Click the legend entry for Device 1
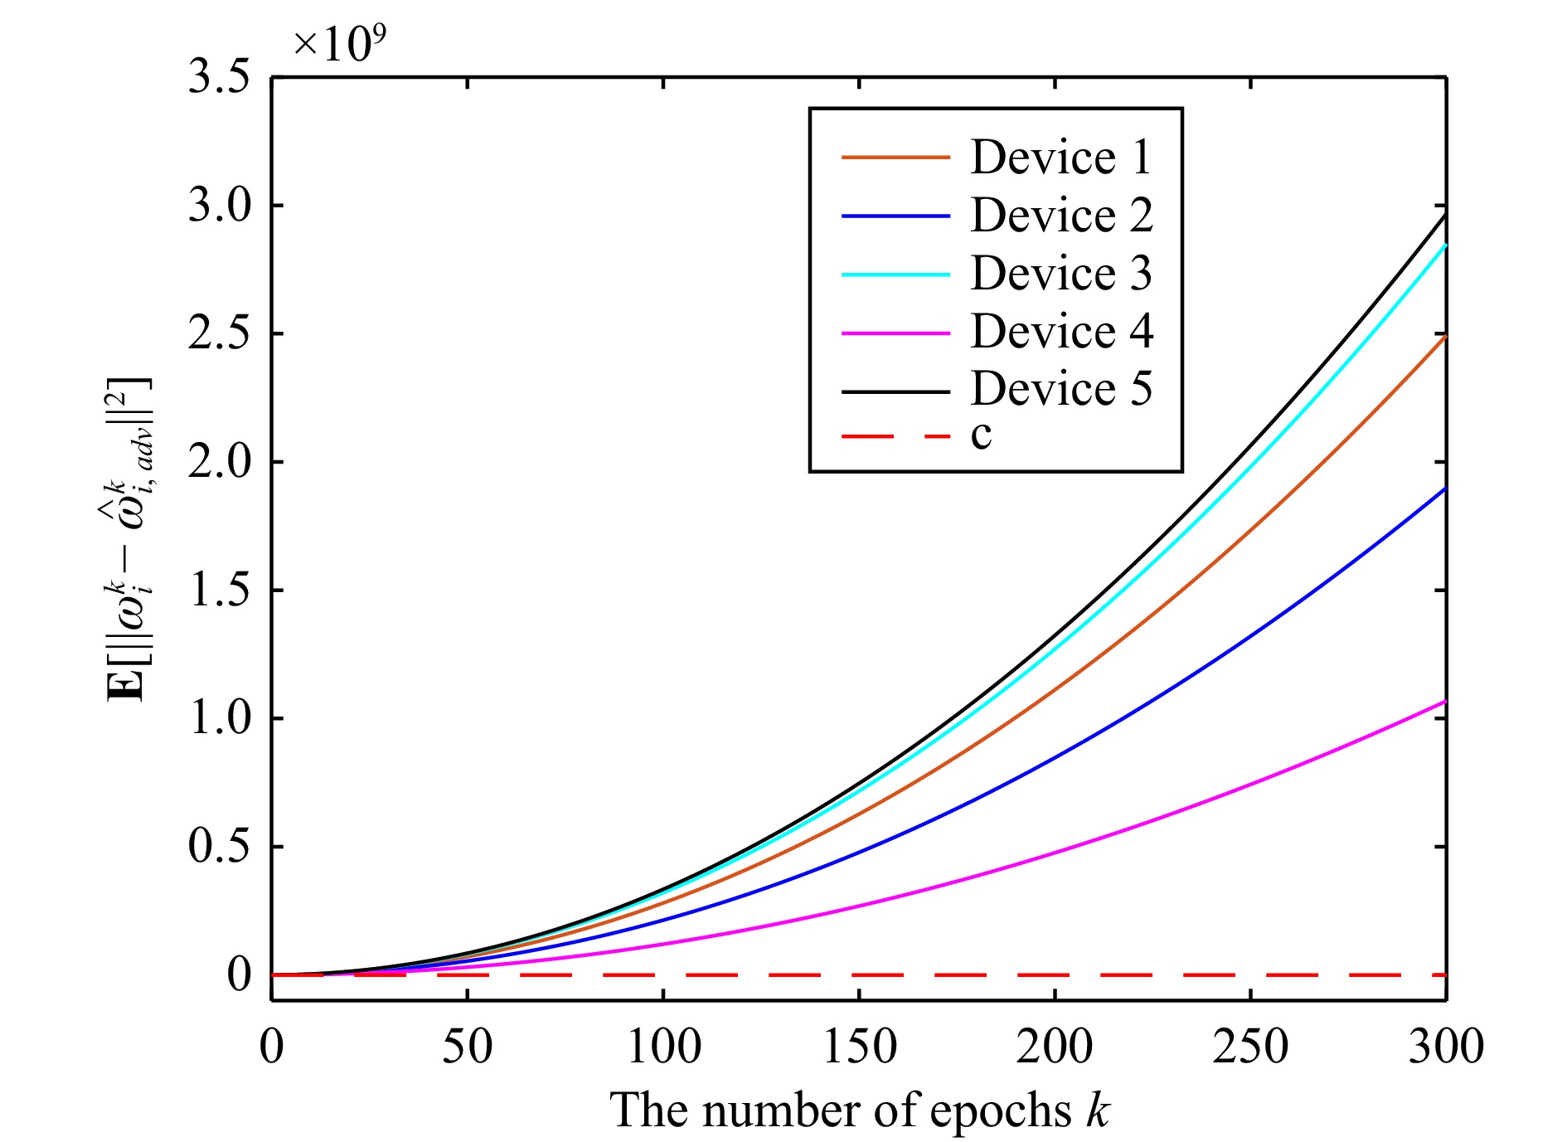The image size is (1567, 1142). point(1060,158)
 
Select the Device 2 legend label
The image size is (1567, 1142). point(1061,216)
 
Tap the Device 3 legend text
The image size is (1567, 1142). point(1060,274)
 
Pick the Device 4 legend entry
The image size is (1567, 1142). point(1061,332)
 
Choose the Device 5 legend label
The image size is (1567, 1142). point(1060,389)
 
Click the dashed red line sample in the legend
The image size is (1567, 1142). point(895,435)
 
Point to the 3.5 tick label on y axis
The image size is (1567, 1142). point(219,78)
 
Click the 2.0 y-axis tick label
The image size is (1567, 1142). point(219,462)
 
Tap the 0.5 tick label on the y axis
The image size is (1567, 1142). point(219,847)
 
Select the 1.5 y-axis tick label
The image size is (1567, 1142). point(219,590)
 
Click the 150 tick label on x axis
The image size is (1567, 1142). point(859,1047)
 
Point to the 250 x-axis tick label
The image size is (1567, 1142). point(1250,1047)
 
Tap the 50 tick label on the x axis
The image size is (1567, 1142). point(468,1047)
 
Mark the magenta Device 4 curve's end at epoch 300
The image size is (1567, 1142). point(1445,702)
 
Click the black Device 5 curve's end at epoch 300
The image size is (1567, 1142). point(1445,215)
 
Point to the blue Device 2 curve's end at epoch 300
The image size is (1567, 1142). point(1445,488)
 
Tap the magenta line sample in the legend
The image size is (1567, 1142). point(895,333)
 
